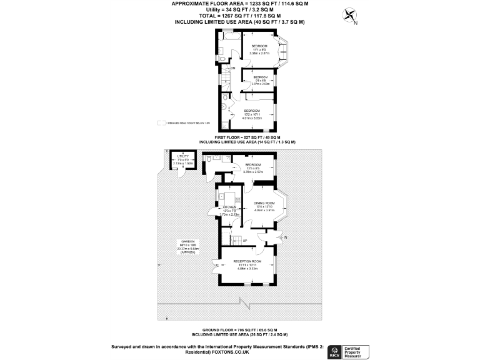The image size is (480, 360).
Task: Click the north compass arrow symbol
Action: pyautogui.click(x=349, y=16)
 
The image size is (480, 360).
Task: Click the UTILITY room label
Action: pyautogui.click(x=183, y=156)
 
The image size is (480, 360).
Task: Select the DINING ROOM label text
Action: pyautogui.click(x=264, y=204)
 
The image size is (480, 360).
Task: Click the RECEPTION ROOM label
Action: pyautogui.click(x=247, y=261)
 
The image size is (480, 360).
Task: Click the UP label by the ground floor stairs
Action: pyautogui.click(x=244, y=241)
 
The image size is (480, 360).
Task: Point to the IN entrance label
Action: pyautogui.click(x=285, y=237)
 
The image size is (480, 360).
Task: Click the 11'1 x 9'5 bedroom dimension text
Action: pyautogui.click(x=259, y=49)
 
